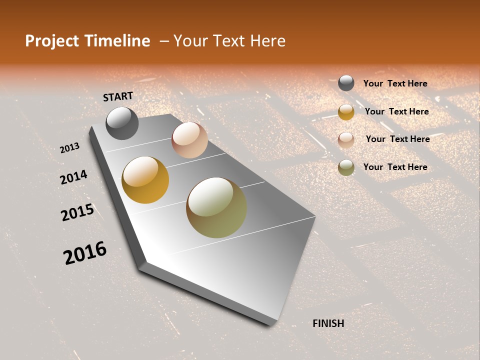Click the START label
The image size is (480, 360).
tap(118, 96)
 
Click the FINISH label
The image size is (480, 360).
tap(328, 323)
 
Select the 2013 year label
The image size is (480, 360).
tap(69, 148)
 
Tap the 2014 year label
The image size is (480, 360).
tap(73, 177)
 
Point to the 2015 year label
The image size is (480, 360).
tap(77, 212)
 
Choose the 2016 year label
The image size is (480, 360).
tap(85, 253)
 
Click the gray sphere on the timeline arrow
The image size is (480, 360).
tap(122, 123)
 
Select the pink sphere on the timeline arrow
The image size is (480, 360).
tap(189, 140)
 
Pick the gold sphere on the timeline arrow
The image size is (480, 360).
tap(145, 180)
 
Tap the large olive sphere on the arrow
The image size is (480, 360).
tap(216, 207)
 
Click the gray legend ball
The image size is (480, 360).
tap(346, 83)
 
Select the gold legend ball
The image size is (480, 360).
tap(346, 112)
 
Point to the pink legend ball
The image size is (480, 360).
tap(346, 140)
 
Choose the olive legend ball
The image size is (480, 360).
tap(346, 167)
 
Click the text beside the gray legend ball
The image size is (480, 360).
tap(395, 83)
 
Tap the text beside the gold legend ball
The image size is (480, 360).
tap(396, 111)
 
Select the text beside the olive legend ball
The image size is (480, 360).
tap(395, 167)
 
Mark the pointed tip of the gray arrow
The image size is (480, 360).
tap(272, 324)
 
